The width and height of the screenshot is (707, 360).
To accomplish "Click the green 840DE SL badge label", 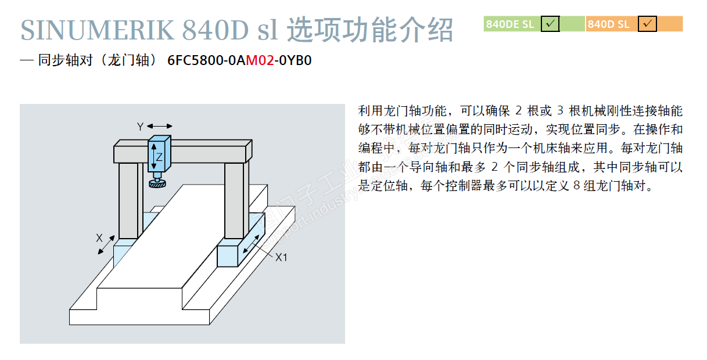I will coord(510,24).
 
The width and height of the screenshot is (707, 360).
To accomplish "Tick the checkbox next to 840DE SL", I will coord(550,24).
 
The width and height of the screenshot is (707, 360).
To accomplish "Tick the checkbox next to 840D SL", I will coord(647,24).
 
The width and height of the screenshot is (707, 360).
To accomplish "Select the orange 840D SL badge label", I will coord(608,24).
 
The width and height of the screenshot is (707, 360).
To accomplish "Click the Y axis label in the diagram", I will coord(140,126).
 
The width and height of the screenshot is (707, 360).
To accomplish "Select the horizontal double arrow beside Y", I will coord(160,126).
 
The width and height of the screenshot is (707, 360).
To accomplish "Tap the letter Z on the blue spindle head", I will coord(159,156).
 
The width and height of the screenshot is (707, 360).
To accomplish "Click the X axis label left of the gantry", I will coord(99,237).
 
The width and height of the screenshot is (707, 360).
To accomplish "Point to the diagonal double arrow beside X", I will coord(106,246).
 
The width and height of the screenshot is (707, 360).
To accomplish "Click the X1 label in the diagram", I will coord(281,257).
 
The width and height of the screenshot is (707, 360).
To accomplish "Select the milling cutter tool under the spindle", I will coord(156,183).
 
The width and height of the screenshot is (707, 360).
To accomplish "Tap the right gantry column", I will coord(236,200).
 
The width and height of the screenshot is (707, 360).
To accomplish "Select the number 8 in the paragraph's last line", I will coord(576,187).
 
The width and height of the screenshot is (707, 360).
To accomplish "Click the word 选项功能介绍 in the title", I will coord(370,30).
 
